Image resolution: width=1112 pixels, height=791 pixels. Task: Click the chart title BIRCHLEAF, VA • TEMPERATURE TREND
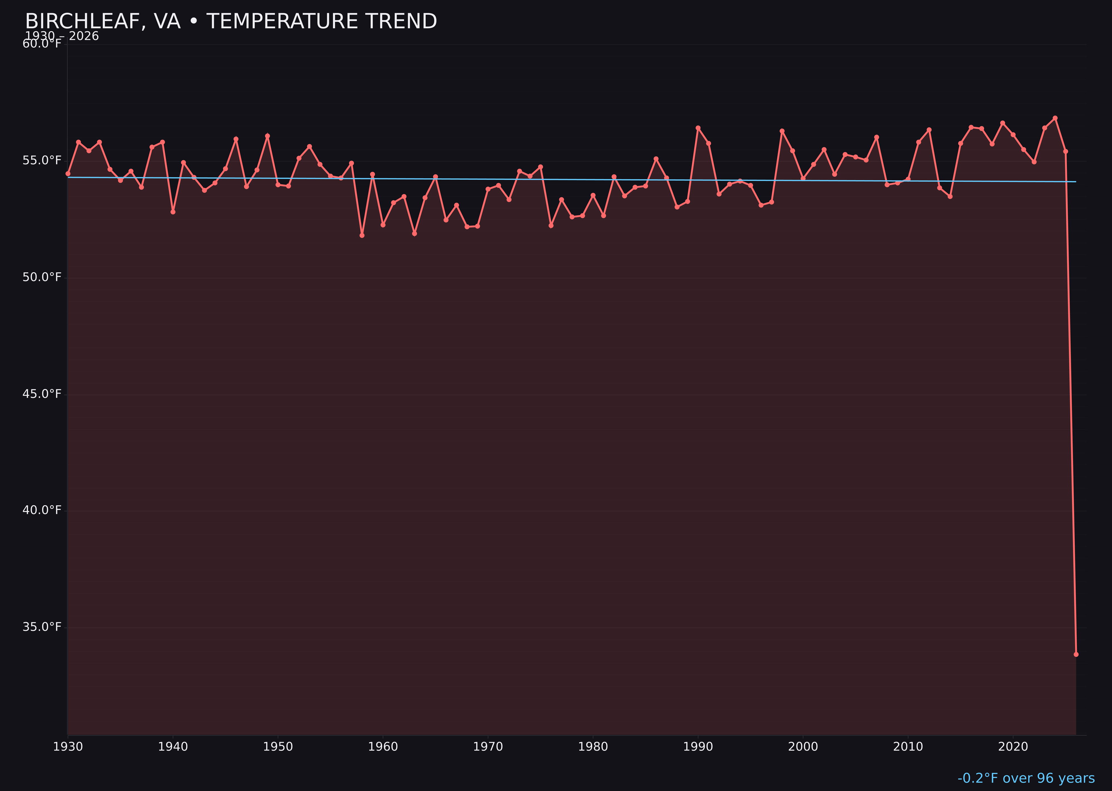(x=231, y=21)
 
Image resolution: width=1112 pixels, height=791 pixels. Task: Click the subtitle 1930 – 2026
(x=62, y=36)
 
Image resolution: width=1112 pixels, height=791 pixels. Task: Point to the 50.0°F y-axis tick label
(x=42, y=277)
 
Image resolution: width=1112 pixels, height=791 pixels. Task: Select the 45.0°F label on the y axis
(x=42, y=394)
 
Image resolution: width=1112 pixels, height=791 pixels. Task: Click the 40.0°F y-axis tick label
(x=42, y=510)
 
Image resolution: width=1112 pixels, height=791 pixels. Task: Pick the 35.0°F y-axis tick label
(x=42, y=626)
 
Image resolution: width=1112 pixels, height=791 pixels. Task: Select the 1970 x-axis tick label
(x=488, y=747)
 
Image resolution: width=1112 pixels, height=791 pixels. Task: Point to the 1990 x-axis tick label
(x=698, y=747)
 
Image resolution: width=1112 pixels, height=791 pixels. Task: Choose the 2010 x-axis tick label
(x=908, y=747)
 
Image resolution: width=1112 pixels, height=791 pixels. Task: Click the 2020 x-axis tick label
(x=1013, y=747)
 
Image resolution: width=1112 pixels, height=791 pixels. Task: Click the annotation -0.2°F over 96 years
(x=1026, y=778)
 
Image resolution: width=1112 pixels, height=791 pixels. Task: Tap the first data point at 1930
(x=68, y=173)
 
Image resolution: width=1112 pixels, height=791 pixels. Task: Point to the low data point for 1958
(x=362, y=235)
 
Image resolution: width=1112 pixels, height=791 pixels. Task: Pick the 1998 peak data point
(x=782, y=131)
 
